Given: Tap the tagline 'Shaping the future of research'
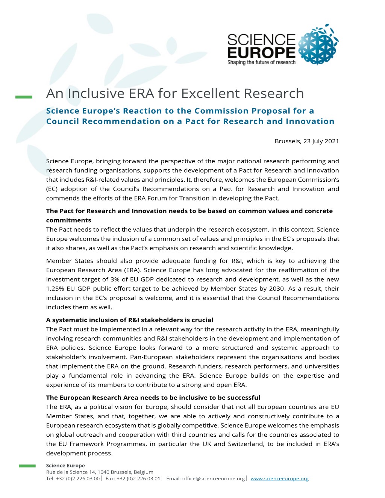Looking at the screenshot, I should point(261,62).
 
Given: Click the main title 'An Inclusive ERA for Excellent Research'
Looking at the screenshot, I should point(175,93).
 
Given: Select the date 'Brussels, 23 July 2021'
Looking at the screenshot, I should point(307,141).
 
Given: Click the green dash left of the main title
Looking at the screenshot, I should point(24,97).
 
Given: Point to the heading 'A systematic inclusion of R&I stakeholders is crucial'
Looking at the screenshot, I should point(129,320).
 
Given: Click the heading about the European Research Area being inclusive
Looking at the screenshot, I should point(153,397).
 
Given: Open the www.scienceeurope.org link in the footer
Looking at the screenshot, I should point(279,478).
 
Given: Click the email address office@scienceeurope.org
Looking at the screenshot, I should point(213,478).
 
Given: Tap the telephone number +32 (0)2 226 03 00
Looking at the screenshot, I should point(78,478).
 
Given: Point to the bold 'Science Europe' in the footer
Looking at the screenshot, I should point(65,465).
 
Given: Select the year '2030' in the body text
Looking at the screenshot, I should point(276,288).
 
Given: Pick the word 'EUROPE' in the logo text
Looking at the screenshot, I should point(261,52).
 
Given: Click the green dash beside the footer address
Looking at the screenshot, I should point(27,466).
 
